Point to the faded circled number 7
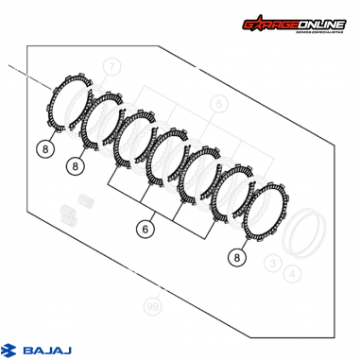point(112,66)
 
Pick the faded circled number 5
point(218,103)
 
